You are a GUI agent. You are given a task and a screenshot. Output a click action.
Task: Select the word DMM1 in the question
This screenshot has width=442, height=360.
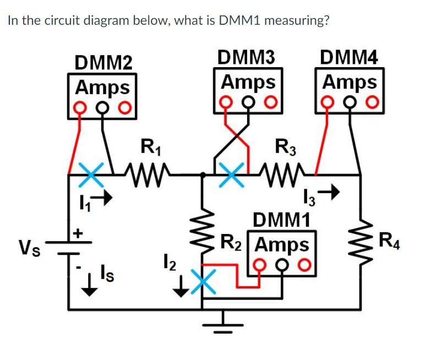pyautogui.click(x=242, y=21)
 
